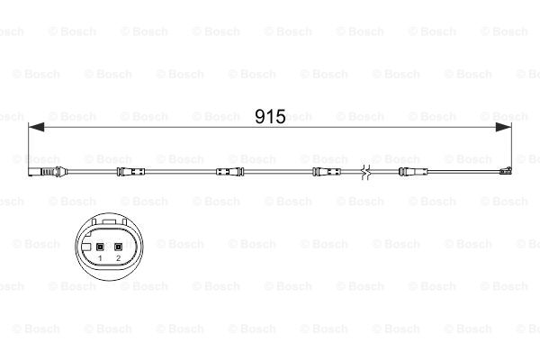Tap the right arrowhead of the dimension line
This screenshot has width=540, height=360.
tap(508, 130)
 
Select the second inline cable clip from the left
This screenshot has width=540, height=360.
tap(227, 172)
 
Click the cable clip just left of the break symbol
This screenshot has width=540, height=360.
tap(325, 172)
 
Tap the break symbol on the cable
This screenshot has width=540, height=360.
tap(364, 172)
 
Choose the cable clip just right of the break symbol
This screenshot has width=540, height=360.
tap(404, 172)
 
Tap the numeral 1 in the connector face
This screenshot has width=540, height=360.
tap(101, 259)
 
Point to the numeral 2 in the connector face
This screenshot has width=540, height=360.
tap(118, 259)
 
